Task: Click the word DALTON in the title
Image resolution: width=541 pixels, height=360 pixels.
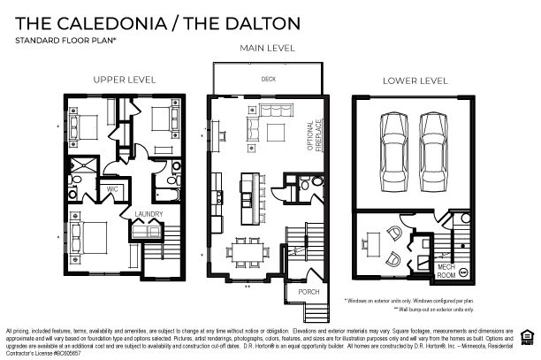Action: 257,21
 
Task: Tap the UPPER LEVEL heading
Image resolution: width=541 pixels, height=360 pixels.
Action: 125,80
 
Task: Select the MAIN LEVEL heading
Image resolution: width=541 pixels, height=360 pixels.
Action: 267,48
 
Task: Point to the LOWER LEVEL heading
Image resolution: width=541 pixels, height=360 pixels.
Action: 415,80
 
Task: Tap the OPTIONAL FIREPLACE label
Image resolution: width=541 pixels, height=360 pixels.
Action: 316,134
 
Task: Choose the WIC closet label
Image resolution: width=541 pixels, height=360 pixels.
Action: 112,188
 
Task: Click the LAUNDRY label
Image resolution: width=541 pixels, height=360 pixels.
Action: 147,214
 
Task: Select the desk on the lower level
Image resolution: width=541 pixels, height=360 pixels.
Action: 370,240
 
